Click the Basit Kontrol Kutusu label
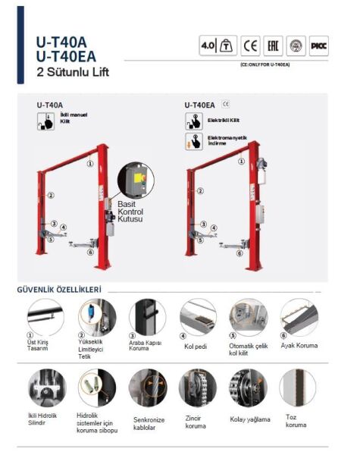[x=130, y=212]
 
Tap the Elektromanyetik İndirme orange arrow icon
[x=193, y=142]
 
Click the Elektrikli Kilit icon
[x=193, y=121]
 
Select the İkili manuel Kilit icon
[x=45, y=121]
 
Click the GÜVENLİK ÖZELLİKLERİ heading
[x=59, y=289]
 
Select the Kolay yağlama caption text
[x=249, y=419]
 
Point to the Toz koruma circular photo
[x=299, y=388]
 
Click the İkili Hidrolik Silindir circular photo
[x=46, y=388]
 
